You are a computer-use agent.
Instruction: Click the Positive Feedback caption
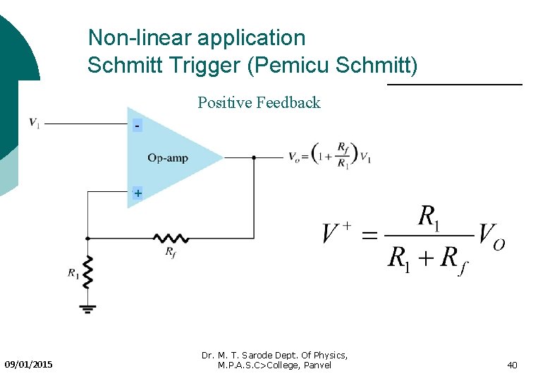coord(259,103)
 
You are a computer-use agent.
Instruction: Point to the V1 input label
coord(34,123)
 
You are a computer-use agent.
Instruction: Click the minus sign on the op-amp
coord(137,126)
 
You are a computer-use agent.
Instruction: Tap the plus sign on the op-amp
coord(137,193)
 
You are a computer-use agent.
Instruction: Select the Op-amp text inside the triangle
coord(168,158)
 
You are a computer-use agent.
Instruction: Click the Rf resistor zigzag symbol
coord(171,238)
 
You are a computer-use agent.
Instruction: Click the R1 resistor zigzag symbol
coord(87,272)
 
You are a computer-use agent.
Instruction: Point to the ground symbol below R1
coord(87,307)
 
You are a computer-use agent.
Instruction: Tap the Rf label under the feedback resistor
coord(171,251)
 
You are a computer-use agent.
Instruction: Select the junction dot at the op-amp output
coord(254,158)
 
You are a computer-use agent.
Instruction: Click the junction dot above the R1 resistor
coord(87,238)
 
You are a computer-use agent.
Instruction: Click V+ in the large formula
coord(336,233)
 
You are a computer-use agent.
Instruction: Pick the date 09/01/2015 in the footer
coord(28,365)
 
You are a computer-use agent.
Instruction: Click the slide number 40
coord(512,365)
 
